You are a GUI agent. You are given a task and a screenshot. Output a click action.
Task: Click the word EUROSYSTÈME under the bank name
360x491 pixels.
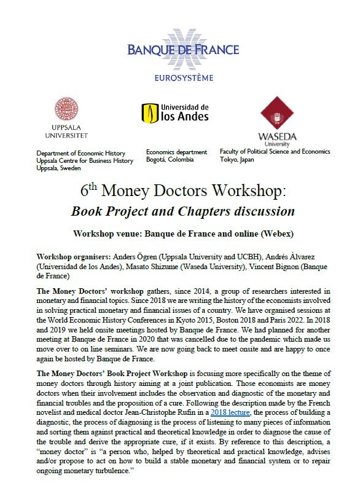coord(183,77)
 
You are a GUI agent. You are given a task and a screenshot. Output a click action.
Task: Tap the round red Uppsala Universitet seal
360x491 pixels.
coord(66,110)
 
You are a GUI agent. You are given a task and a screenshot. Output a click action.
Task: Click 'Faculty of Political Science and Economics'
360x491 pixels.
coord(275,151)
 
